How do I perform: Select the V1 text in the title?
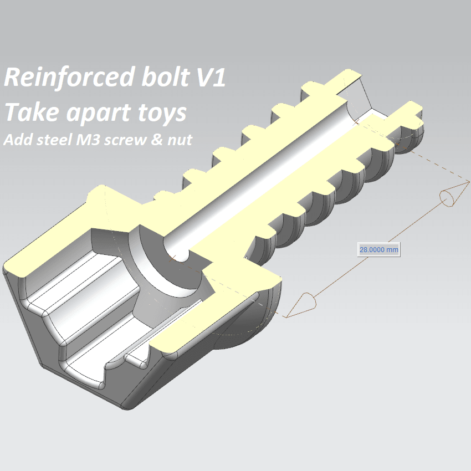[x=211, y=77]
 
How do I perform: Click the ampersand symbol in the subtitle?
[x=157, y=140]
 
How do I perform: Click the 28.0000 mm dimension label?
[x=379, y=249]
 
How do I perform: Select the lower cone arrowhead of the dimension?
[x=301, y=305]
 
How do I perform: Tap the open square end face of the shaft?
[x=368, y=99]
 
